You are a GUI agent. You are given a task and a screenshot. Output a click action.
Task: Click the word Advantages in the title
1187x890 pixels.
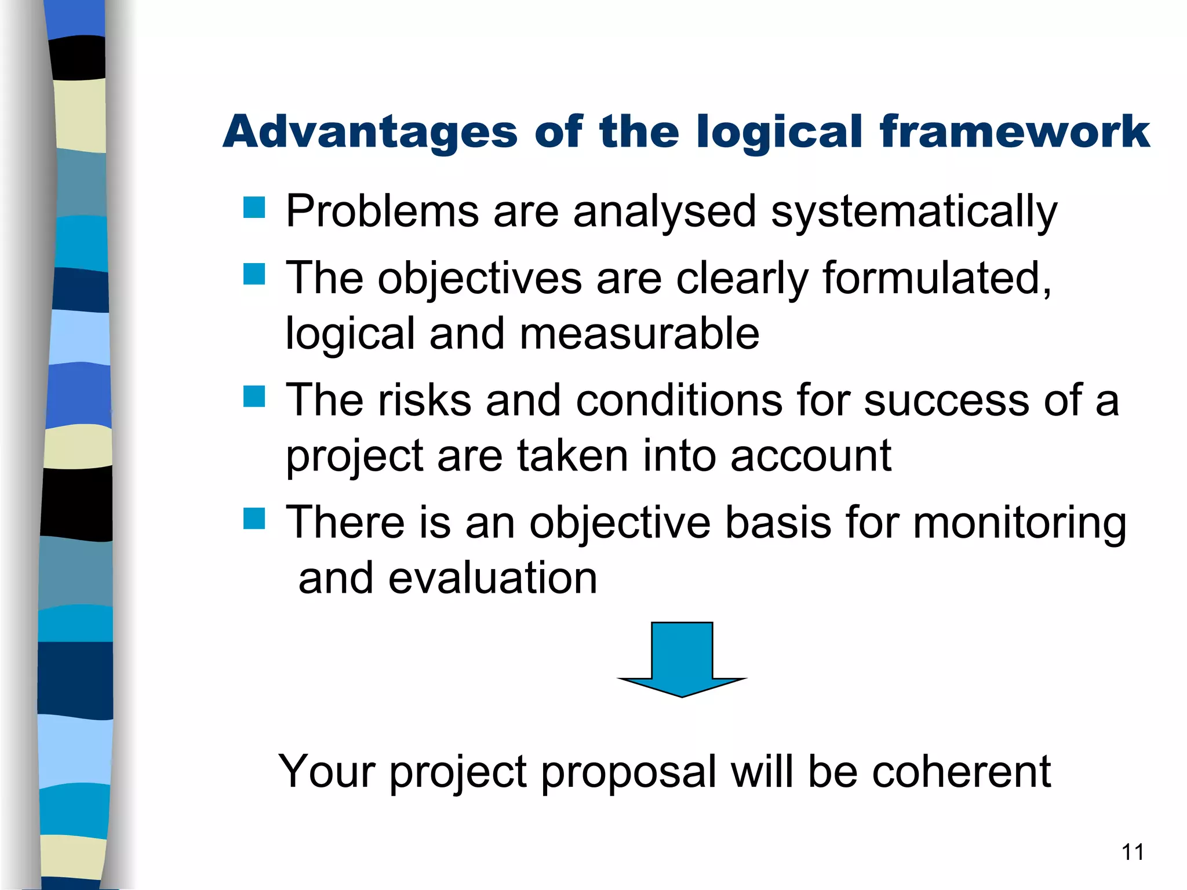[x=370, y=132]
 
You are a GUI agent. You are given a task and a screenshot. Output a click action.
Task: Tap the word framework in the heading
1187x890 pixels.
[x=1014, y=132]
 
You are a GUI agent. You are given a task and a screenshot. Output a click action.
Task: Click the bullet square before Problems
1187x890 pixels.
[x=254, y=207]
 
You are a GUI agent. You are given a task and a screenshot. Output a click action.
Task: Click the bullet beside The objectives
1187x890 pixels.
[x=254, y=274]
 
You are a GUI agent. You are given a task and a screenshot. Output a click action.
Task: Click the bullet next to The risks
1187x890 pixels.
[x=254, y=397]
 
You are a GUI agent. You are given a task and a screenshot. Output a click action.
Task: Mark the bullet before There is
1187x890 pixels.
[x=254, y=519]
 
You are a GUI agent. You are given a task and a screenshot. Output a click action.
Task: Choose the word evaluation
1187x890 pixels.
[x=493, y=578]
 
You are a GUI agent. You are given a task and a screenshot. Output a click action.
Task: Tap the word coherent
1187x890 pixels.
[x=962, y=772]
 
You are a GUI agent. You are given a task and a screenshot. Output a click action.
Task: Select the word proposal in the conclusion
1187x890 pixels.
[x=629, y=773]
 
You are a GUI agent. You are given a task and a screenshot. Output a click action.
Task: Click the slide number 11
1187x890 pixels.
[x=1133, y=852]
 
